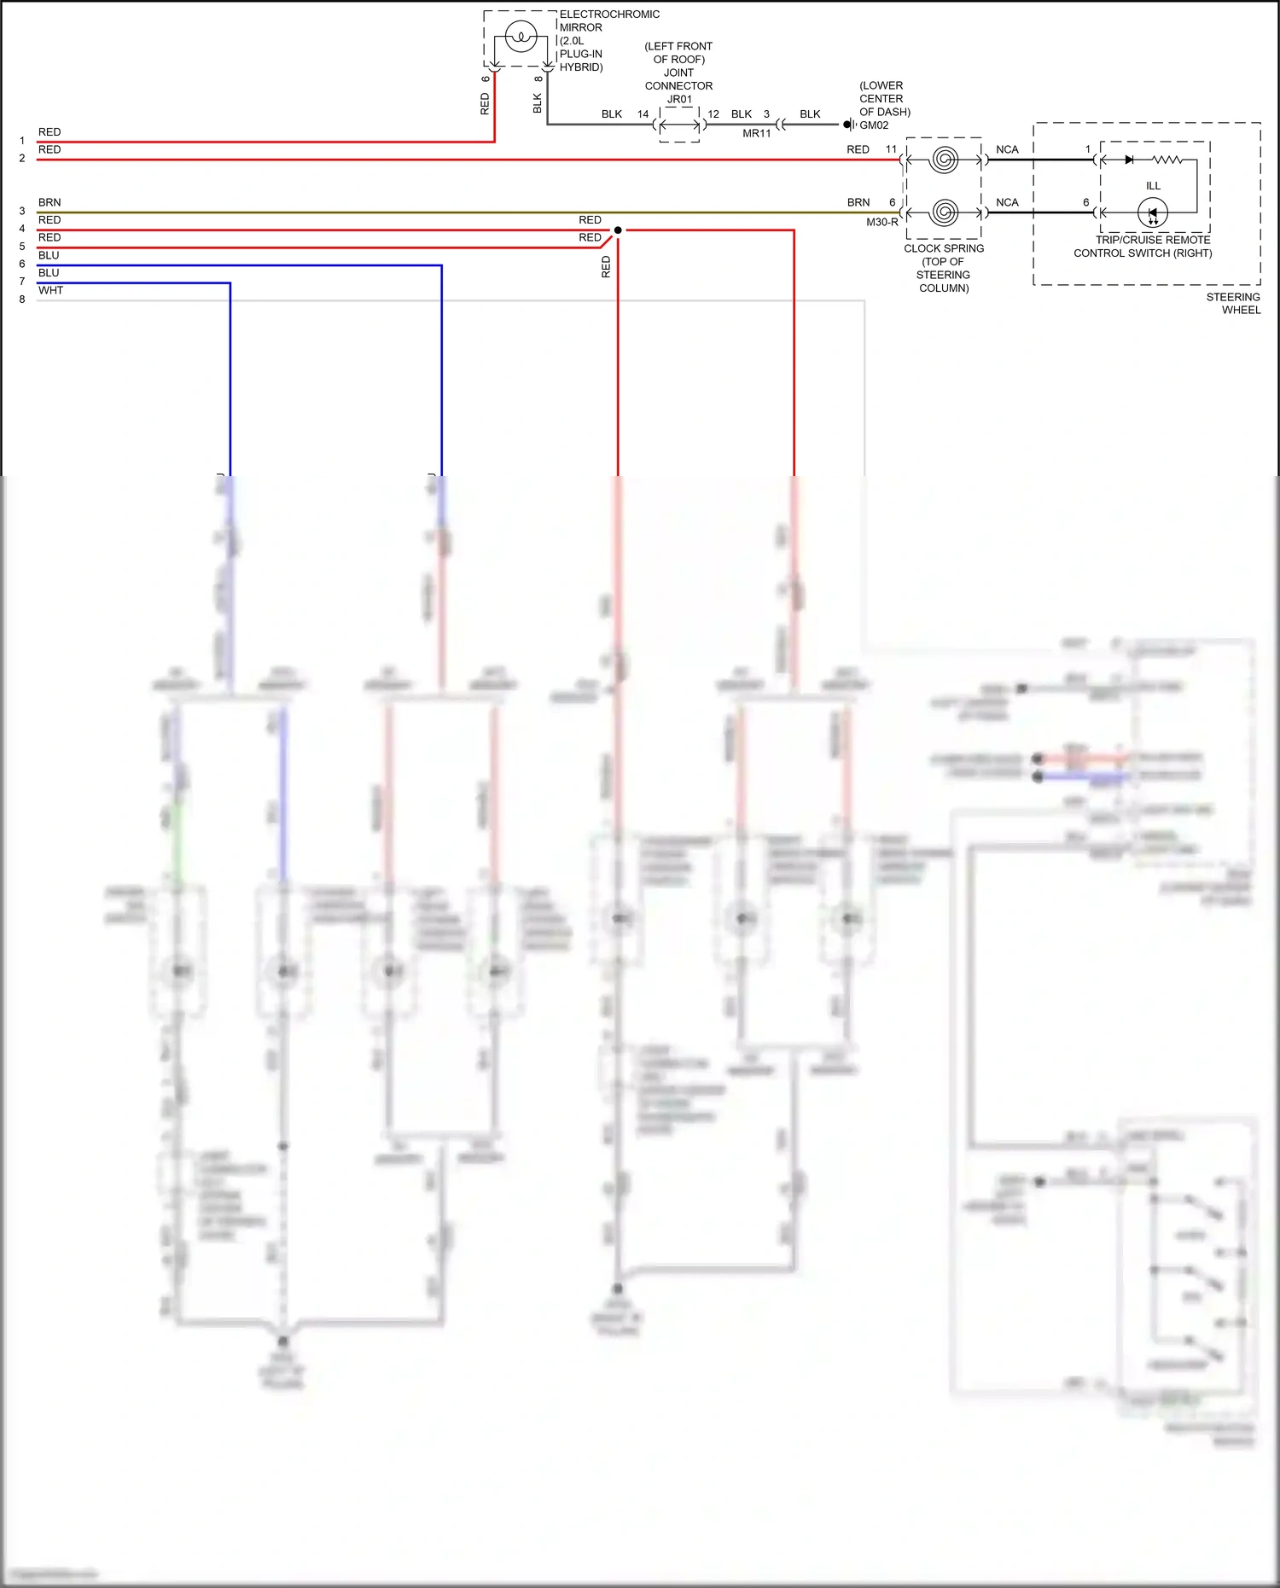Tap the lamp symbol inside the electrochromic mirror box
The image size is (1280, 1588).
[521, 37]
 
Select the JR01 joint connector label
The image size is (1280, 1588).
[679, 99]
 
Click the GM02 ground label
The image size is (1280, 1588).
[874, 125]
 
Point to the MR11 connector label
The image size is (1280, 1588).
[756, 133]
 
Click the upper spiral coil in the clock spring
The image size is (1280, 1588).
[944, 160]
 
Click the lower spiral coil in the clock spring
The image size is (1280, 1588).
[944, 212]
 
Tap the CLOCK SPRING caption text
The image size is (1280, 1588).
[944, 248]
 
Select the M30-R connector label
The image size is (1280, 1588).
[881, 222]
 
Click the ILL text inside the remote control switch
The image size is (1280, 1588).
[1153, 185]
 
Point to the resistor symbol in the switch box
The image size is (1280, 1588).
[1167, 160]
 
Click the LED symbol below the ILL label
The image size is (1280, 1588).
[1153, 212]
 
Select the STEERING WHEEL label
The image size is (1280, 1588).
[1234, 303]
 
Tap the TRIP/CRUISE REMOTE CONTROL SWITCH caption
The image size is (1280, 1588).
[1143, 247]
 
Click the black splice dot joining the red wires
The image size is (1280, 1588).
[618, 230]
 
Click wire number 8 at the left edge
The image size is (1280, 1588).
[22, 300]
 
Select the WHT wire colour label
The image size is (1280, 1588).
[50, 290]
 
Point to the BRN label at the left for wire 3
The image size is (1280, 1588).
[49, 202]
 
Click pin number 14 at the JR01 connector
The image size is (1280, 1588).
[643, 113]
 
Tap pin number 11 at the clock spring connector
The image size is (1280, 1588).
[891, 149]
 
